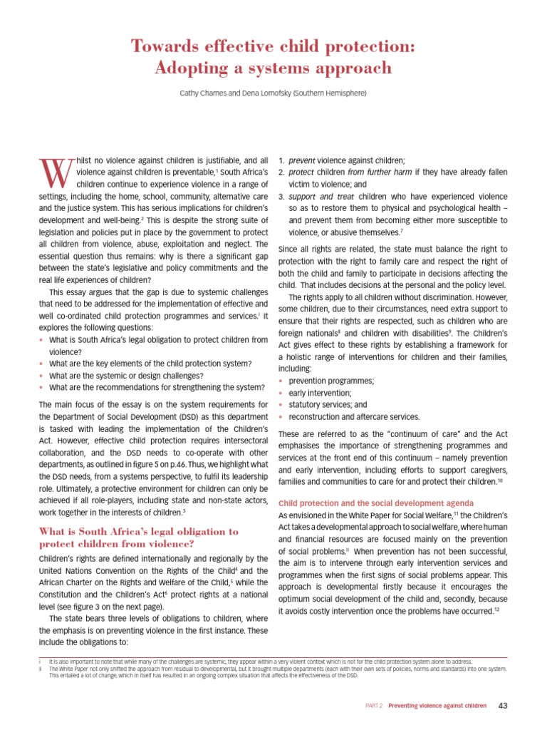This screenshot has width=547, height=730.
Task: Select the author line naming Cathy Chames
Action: point(273,93)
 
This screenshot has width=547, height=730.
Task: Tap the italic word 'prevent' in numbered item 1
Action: point(302,160)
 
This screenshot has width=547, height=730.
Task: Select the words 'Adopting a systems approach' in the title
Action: point(273,68)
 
